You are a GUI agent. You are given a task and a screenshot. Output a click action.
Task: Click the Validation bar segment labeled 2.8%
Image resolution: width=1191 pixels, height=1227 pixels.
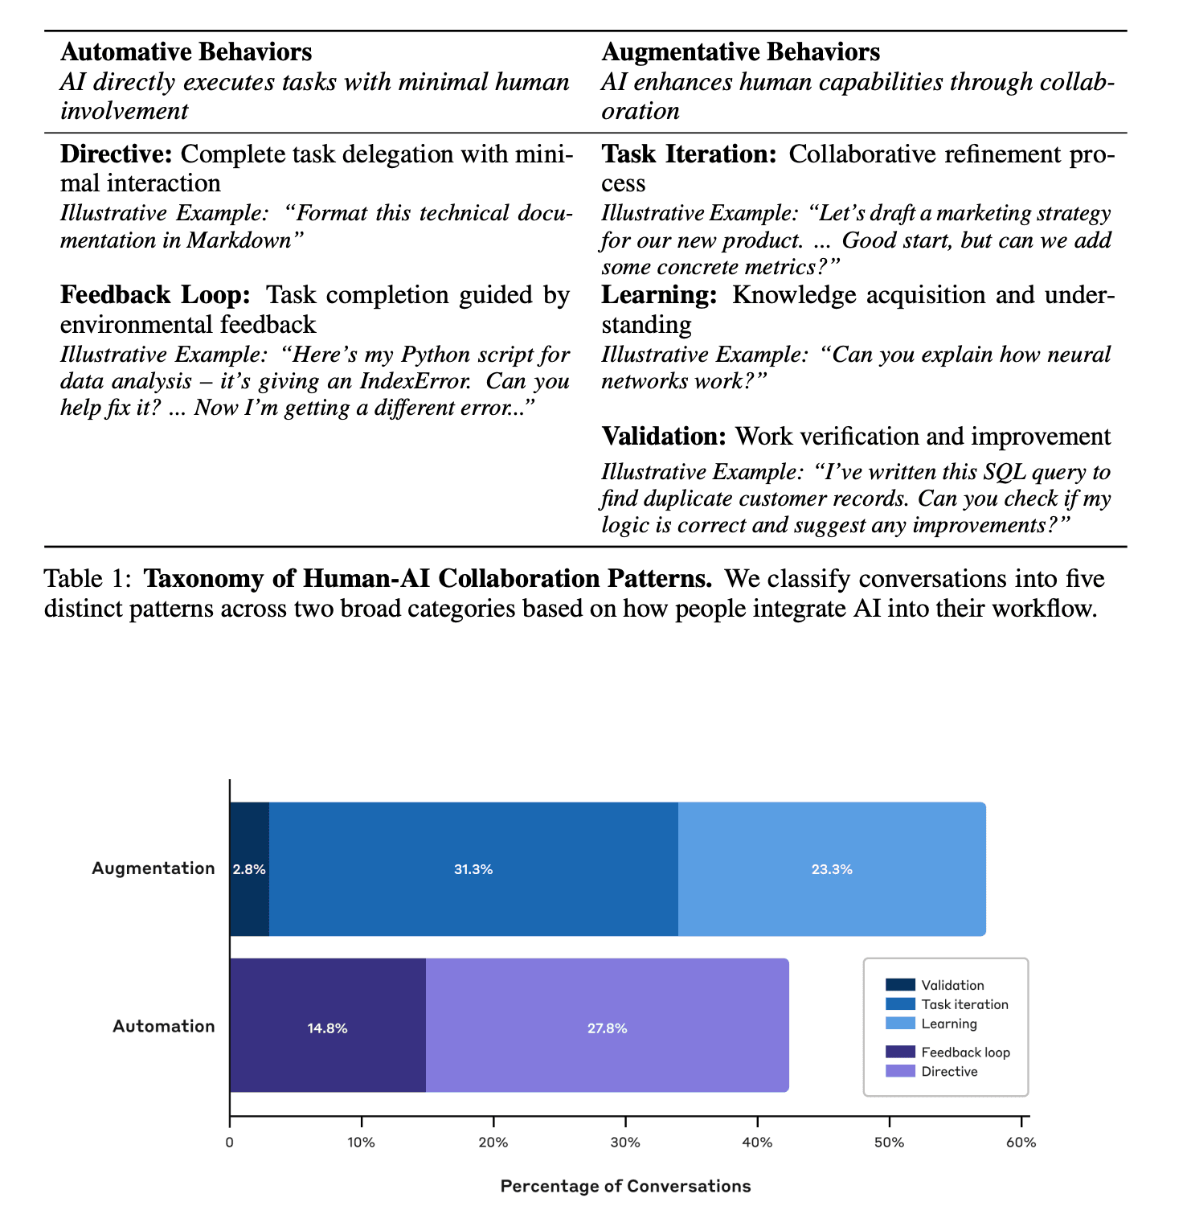pyautogui.click(x=249, y=869)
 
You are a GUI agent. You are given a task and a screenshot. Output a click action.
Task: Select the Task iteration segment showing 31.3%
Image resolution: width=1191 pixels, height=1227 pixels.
pyautogui.click(x=473, y=869)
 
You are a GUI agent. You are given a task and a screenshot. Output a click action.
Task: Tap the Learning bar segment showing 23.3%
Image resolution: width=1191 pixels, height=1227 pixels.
pyautogui.click(x=831, y=869)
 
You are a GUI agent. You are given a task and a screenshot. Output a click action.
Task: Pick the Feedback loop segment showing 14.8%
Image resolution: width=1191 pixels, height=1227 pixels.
pyautogui.click(x=327, y=1028)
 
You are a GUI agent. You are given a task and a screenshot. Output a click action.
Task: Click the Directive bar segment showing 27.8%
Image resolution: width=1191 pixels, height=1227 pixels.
pyautogui.click(x=607, y=1028)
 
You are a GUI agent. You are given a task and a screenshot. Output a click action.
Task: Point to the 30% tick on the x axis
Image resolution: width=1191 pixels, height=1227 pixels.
pyautogui.click(x=625, y=1142)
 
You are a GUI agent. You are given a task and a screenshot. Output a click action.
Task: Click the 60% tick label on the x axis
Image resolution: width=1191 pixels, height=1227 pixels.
pyautogui.click(x=1021, y=1142)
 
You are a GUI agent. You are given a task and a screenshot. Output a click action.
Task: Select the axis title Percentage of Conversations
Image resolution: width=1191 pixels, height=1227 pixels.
pyautogui.click(x=625, y=1186)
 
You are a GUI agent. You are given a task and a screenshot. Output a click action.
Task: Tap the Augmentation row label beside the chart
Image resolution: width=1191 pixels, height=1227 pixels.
pyautogui.click(x=153, y=868)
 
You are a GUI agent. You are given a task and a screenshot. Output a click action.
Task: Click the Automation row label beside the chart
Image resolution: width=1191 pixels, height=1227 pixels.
pyautogui.click(x=164, y=1026)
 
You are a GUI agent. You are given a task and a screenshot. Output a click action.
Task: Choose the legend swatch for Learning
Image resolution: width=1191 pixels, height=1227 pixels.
pyautogui.click(x=900, y=1024)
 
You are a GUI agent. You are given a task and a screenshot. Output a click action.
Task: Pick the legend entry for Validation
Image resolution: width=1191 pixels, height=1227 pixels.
pyautogui.click(x=952, y=985)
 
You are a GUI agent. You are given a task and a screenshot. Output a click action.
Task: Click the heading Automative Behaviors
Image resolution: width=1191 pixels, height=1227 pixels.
pyautogui.click(x=186, y=52)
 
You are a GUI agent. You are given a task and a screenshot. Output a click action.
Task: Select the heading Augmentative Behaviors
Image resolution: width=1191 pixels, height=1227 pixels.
pyautogui.click(x=740, y=52)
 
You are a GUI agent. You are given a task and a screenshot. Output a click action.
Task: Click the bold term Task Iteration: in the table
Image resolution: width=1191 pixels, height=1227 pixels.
pyautogui.click(x=689, y=154)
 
